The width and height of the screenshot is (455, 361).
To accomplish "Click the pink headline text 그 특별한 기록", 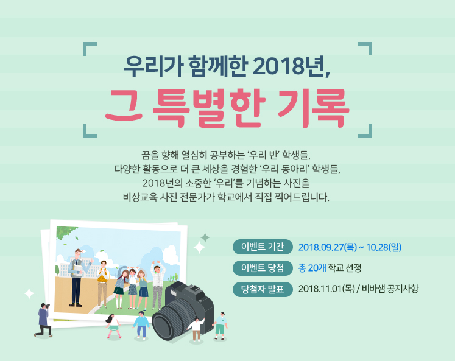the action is tap(227, 108).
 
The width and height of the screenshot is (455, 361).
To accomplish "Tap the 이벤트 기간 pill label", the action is tap(263, 247).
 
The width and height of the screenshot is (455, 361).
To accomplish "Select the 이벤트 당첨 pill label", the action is tap(263, 268).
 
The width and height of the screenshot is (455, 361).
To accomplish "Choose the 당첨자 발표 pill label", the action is tap(263, 289).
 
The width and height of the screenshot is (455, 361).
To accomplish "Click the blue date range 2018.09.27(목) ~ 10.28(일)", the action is tap(350, 247).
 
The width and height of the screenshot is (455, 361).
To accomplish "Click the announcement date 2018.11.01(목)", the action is tap(326, 289).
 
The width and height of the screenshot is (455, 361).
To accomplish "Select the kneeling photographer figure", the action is tap(43, 320).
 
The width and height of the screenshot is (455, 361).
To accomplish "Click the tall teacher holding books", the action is tap(77, 278).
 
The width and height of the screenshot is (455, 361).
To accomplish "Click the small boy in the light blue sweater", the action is tap(141, 324).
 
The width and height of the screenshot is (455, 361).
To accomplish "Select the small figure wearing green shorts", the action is tap(220, 325).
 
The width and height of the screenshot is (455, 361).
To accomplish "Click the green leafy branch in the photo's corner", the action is tap(66, 233).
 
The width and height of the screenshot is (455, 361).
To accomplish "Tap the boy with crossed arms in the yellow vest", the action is tap(102, 284).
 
